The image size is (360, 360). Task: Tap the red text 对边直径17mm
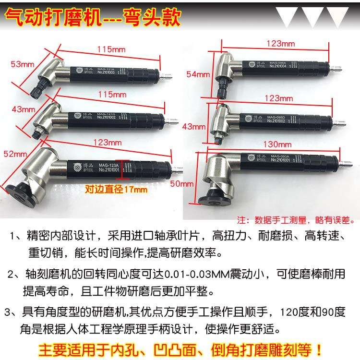click(116, 189)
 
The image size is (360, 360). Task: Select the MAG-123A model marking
click(109, 163)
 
